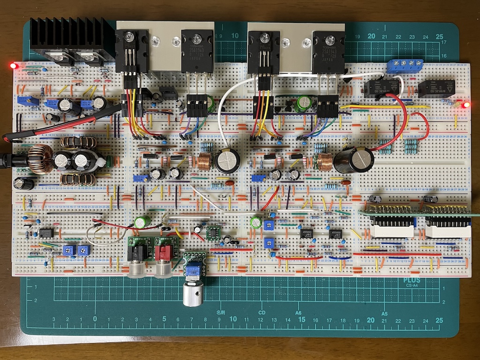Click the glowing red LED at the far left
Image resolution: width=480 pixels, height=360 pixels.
[13, 66]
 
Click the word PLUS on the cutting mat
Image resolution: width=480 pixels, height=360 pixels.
[412, 281]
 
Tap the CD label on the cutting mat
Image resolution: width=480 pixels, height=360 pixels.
[262, 313]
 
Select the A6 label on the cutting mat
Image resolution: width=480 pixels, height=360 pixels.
[298, 313]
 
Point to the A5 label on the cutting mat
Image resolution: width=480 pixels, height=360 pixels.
[384, 313]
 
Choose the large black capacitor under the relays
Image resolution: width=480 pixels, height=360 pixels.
[354, 159]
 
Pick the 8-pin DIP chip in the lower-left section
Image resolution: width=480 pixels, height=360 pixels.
[46, 232]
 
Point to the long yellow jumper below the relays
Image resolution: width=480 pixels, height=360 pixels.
[384, 107]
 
